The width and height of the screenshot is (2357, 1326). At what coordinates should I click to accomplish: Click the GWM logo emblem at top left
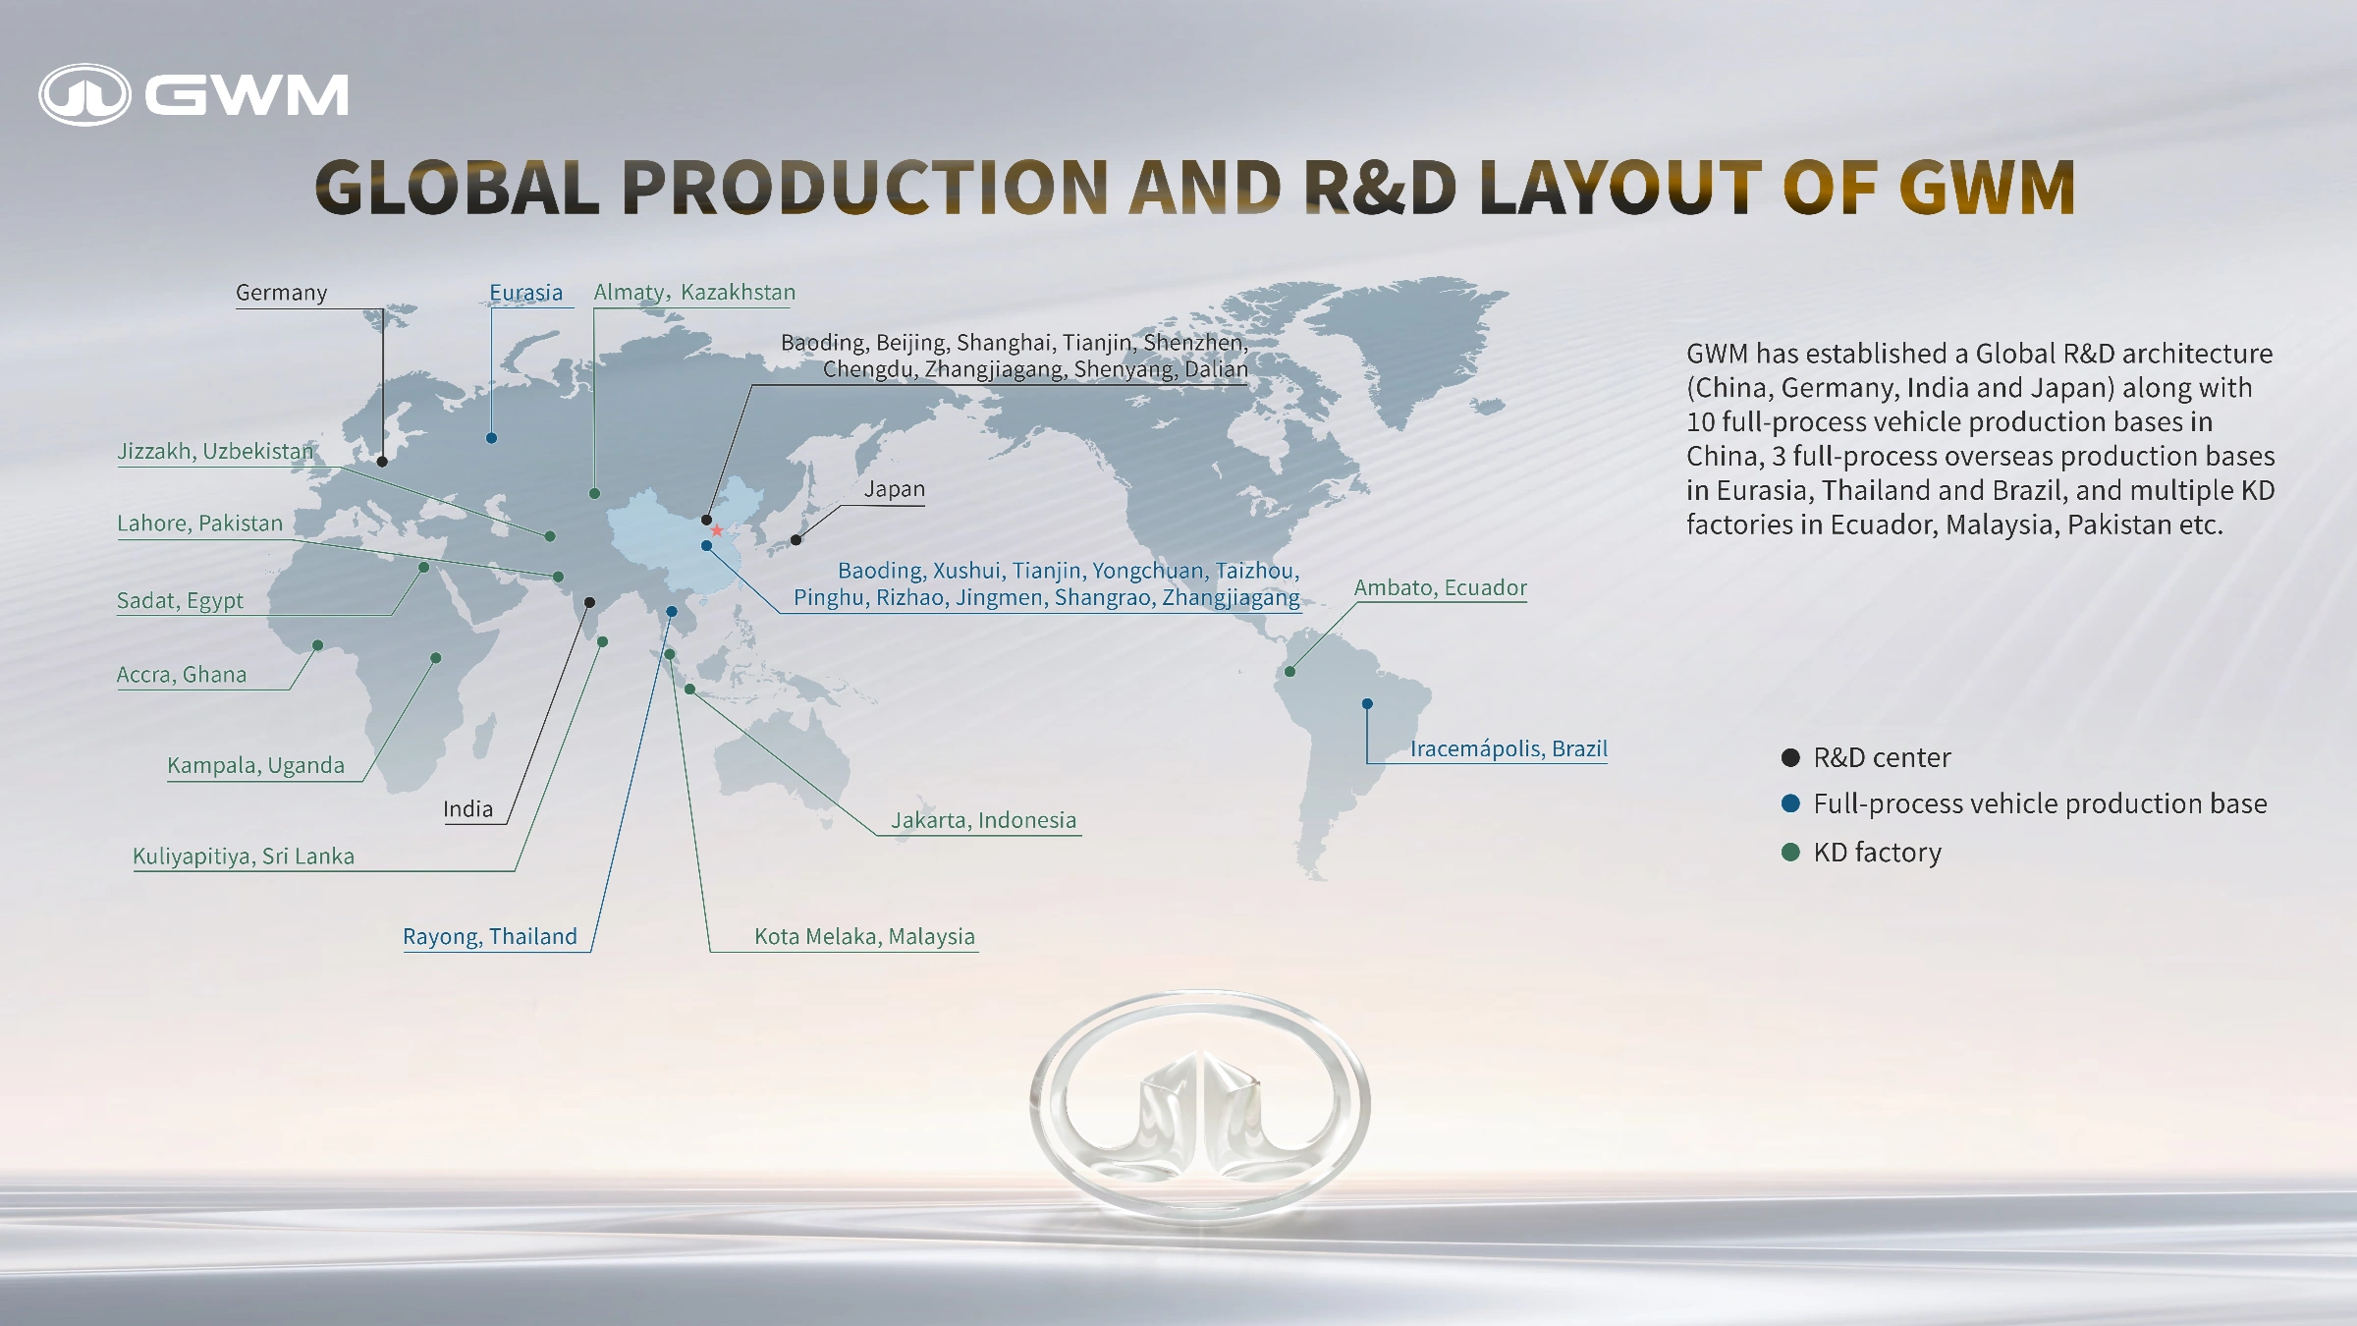84,95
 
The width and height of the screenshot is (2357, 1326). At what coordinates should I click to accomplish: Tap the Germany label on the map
281,293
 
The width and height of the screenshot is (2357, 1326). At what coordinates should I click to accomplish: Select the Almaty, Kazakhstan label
694,293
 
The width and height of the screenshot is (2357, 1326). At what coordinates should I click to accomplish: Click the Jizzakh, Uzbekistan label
215,451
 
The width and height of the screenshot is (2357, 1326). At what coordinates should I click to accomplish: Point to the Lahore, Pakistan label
199,524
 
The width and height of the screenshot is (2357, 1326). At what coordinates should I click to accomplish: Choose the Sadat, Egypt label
180,601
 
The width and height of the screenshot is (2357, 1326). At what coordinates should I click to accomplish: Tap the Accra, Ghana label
182,675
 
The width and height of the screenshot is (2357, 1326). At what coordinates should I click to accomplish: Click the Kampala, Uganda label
255,765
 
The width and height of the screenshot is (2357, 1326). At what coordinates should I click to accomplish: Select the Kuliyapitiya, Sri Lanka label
244,856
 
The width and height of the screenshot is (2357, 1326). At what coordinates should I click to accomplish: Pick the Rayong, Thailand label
490,937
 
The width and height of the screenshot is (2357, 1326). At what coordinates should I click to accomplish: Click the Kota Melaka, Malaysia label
864,937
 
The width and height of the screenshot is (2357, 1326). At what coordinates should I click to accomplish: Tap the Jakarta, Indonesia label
983,820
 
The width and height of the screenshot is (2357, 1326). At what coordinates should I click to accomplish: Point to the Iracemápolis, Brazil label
1508,748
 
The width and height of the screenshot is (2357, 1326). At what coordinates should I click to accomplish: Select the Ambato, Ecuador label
1441,587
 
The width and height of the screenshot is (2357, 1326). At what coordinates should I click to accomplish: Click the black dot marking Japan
795,539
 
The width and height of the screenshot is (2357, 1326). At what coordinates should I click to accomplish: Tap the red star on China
717,530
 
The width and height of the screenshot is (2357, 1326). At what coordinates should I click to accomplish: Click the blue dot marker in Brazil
1367,703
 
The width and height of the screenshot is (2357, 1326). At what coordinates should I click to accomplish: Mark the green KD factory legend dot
1790,852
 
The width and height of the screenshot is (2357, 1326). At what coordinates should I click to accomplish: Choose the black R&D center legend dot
1790,757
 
